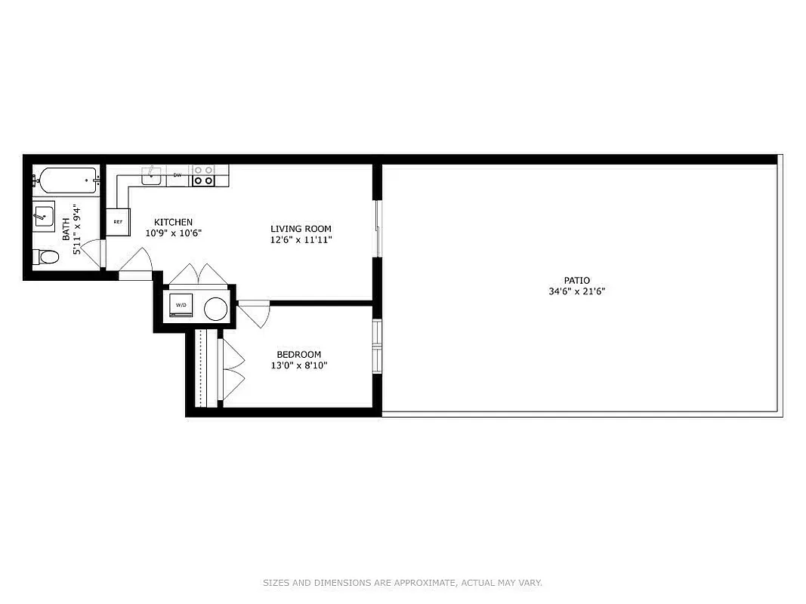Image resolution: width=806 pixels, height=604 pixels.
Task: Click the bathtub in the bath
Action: click(x=66, y=181)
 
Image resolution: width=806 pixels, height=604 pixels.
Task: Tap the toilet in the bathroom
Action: click(x=48, y=257)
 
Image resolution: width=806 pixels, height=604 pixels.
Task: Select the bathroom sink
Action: click(x=44, y=215)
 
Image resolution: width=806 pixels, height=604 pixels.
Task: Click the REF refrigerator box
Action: click(x=118, y=222)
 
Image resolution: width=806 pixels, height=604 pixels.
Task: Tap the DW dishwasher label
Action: click(x=178, y=175)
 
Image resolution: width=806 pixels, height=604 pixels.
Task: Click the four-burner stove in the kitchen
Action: click(x=202, y=176)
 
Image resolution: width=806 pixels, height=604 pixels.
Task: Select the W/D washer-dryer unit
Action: click(x=181, y=305)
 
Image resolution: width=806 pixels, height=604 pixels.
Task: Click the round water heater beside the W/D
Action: click(x=215, y=307)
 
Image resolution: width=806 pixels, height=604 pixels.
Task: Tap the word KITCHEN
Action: click(x=173, y=222)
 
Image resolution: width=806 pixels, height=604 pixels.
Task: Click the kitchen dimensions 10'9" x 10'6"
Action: click(x=173, y=233)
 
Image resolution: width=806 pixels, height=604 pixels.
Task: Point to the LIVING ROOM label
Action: click(x=301, y=229)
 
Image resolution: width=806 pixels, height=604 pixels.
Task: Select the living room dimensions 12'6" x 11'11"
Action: click(x=301, y=239)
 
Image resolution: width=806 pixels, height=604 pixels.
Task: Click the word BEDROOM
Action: click(x=298, y=355)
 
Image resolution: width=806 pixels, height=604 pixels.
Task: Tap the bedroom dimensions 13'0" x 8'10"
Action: click(x=298, y=365)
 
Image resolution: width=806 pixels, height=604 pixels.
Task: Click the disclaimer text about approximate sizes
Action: click(x=402, y=583)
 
